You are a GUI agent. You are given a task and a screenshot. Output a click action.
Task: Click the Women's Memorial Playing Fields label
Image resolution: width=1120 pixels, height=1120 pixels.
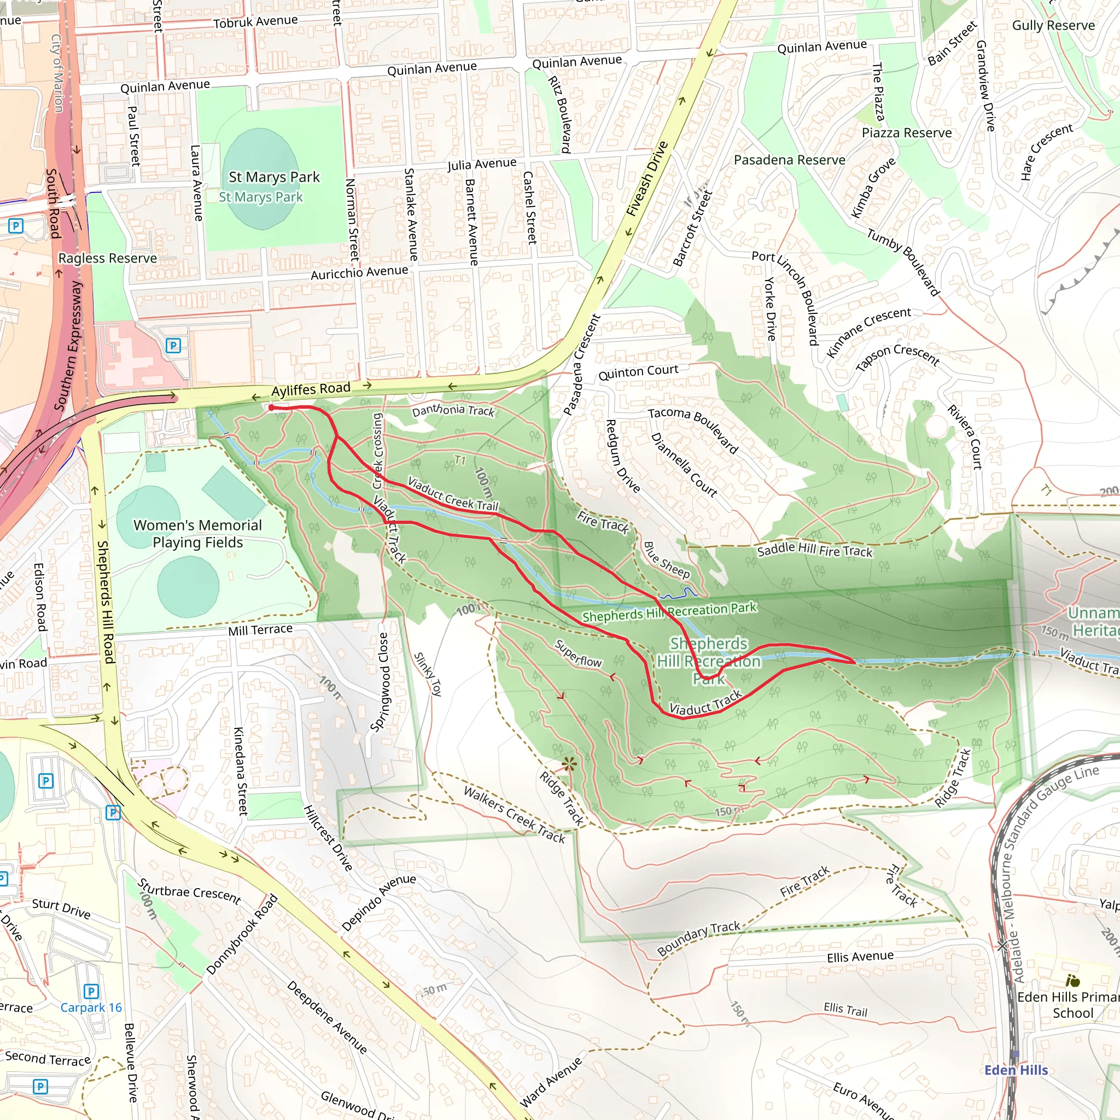(197, 533)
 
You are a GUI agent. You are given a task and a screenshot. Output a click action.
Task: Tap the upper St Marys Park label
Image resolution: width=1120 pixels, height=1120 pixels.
(273, 177)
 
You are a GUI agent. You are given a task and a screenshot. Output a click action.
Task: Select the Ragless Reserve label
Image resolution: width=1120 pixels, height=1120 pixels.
(107, 258)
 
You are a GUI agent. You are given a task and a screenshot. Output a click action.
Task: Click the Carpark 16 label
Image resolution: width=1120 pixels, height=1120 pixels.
(91, 1007)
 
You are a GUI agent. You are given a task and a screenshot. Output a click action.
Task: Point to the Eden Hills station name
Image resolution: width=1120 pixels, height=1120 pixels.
(1016, 1070)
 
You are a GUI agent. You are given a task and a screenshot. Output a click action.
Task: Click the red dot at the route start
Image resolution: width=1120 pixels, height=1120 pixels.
(271, 408)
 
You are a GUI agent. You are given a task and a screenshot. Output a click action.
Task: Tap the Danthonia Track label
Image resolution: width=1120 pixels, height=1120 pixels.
(453, 411)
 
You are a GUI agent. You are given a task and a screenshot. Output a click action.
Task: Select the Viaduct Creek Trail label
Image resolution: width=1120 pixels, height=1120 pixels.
(452, 494)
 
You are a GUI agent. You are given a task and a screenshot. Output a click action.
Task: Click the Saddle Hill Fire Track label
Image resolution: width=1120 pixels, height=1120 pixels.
(814, 550)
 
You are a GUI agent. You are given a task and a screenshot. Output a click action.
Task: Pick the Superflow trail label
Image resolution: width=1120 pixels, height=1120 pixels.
(577, 654)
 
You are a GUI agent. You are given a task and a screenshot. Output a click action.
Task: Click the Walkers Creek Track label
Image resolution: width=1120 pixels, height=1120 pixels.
(514, 814)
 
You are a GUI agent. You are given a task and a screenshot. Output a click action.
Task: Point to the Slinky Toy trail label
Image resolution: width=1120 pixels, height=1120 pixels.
(428, 674)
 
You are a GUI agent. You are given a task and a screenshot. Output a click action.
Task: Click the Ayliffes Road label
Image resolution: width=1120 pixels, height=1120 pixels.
(311, 389)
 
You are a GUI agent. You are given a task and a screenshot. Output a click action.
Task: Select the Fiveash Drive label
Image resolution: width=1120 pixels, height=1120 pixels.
(647, 179)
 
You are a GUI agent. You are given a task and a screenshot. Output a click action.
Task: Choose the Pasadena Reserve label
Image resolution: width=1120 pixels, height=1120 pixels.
(789, 160)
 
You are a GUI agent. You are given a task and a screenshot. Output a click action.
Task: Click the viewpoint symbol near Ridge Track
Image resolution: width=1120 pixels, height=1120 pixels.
(569, 764)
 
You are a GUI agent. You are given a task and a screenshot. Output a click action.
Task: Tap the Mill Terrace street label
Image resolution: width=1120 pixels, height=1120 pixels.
(260, 629)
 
